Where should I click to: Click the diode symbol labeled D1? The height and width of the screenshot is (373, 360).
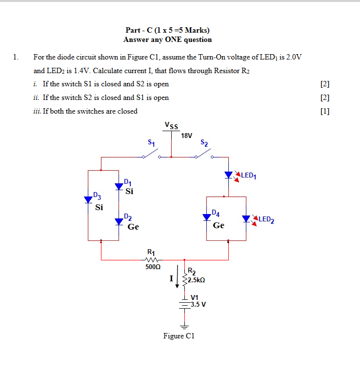pos(119,187)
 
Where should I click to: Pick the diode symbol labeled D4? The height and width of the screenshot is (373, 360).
pos(207,217)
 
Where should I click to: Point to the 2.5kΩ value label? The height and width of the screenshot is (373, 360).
pos(197,280)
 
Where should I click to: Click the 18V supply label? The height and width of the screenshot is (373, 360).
pos(186,135)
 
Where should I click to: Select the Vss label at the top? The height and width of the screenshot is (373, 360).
pos(171,126)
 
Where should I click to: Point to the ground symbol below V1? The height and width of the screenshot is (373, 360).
pos(184,326)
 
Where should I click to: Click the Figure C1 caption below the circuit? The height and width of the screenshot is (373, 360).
pos(179,336)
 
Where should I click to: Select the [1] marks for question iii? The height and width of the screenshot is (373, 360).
pos(325,111)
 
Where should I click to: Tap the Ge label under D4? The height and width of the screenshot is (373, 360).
pos(219,225)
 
